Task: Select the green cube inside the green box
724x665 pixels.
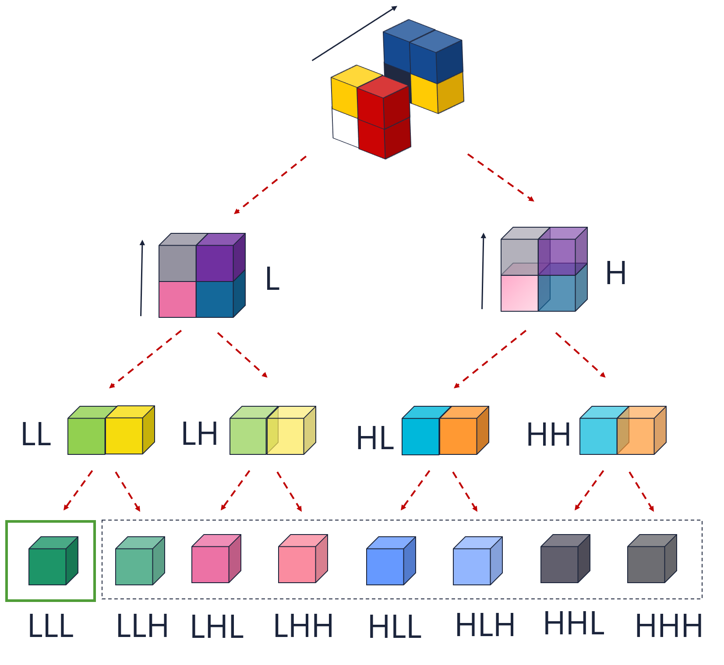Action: pos(48,566)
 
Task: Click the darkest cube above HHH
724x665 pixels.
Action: pos(646,564)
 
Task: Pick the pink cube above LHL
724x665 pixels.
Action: pos(211,564)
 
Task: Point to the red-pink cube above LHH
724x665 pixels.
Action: pos(297,564)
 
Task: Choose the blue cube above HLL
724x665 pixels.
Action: pos(385,566)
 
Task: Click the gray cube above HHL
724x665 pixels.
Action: pos(559,564)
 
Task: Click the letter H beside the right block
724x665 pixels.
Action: pos(615,273)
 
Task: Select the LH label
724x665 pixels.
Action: pos(200,434)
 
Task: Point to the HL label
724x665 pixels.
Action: pos(375,438)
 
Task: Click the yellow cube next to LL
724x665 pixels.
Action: pos(124,436)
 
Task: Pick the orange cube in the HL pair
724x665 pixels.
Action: pos(458,436)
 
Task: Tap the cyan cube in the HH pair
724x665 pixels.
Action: pos(598,436)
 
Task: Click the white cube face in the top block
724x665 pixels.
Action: pos(346,127)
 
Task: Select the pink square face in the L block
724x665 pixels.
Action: pos(177,299)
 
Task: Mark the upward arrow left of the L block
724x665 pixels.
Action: pos(141,278)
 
